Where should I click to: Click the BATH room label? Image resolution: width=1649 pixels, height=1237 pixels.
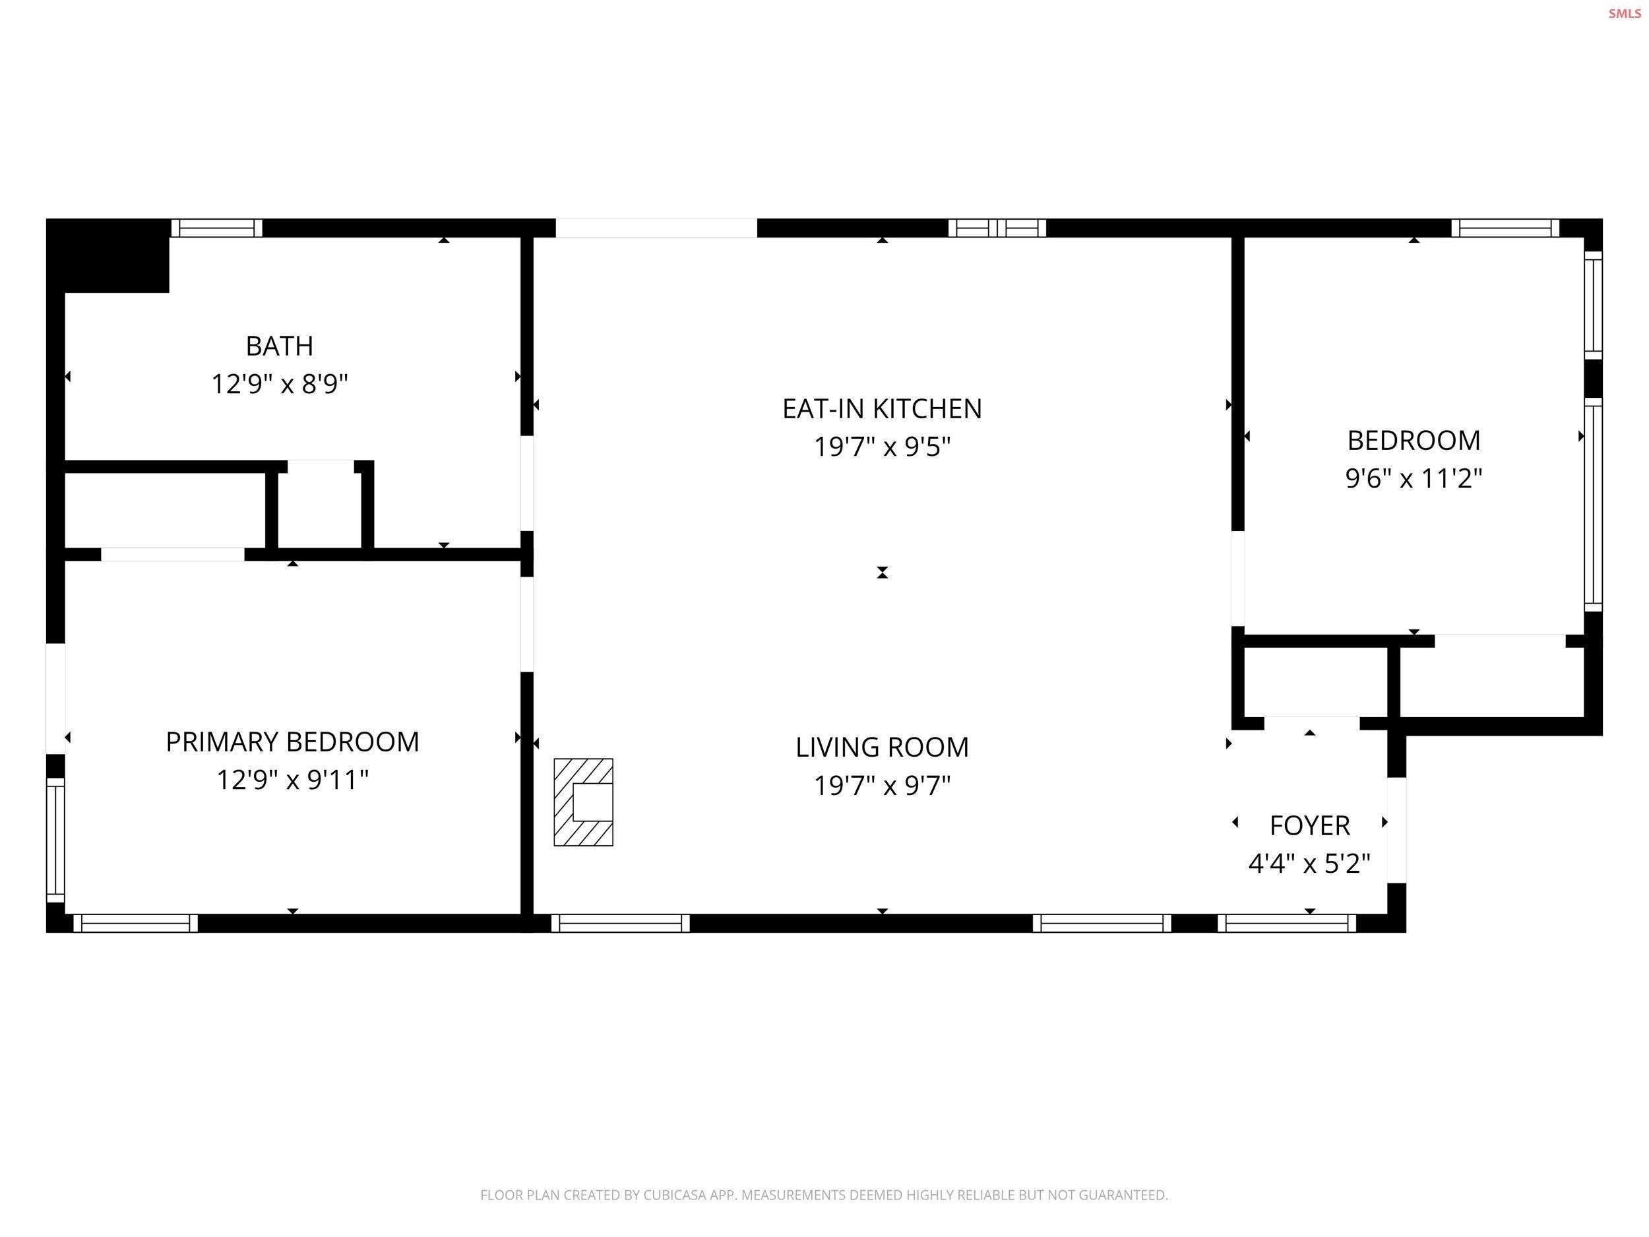point(280,346)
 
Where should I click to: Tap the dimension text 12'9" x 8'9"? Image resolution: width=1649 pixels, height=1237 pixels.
point(280,384)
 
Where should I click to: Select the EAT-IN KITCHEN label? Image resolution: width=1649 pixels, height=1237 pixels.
point(882,408)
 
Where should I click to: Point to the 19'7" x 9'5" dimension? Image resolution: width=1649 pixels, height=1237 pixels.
point(882,447)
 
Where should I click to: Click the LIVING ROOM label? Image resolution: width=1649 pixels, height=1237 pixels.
point(882,747)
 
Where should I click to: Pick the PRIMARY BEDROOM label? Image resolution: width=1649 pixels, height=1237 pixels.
point(292,742)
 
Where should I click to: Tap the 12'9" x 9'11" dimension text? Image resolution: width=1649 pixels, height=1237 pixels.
point(292,780)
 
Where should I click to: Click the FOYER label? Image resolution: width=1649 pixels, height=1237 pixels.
point(1310,825)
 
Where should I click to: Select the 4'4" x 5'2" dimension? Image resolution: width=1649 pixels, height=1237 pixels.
point(1310,864)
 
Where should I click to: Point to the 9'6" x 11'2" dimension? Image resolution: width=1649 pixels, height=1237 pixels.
point(1414,478)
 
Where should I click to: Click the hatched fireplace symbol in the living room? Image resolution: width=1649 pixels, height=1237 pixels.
point(583,802)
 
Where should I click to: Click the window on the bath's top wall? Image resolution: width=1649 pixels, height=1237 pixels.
point(217,228)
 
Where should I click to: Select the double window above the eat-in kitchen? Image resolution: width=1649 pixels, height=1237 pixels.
point(997,228)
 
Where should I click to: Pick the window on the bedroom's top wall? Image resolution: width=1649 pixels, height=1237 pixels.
point(1505,228)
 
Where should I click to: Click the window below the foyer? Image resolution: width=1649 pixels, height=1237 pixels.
point(1287,924)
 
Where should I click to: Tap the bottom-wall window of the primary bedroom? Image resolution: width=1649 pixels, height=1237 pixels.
point(136,924)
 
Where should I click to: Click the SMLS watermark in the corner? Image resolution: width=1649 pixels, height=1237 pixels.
point(1625,13)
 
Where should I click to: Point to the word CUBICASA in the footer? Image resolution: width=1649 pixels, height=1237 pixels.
point(675,1195)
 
